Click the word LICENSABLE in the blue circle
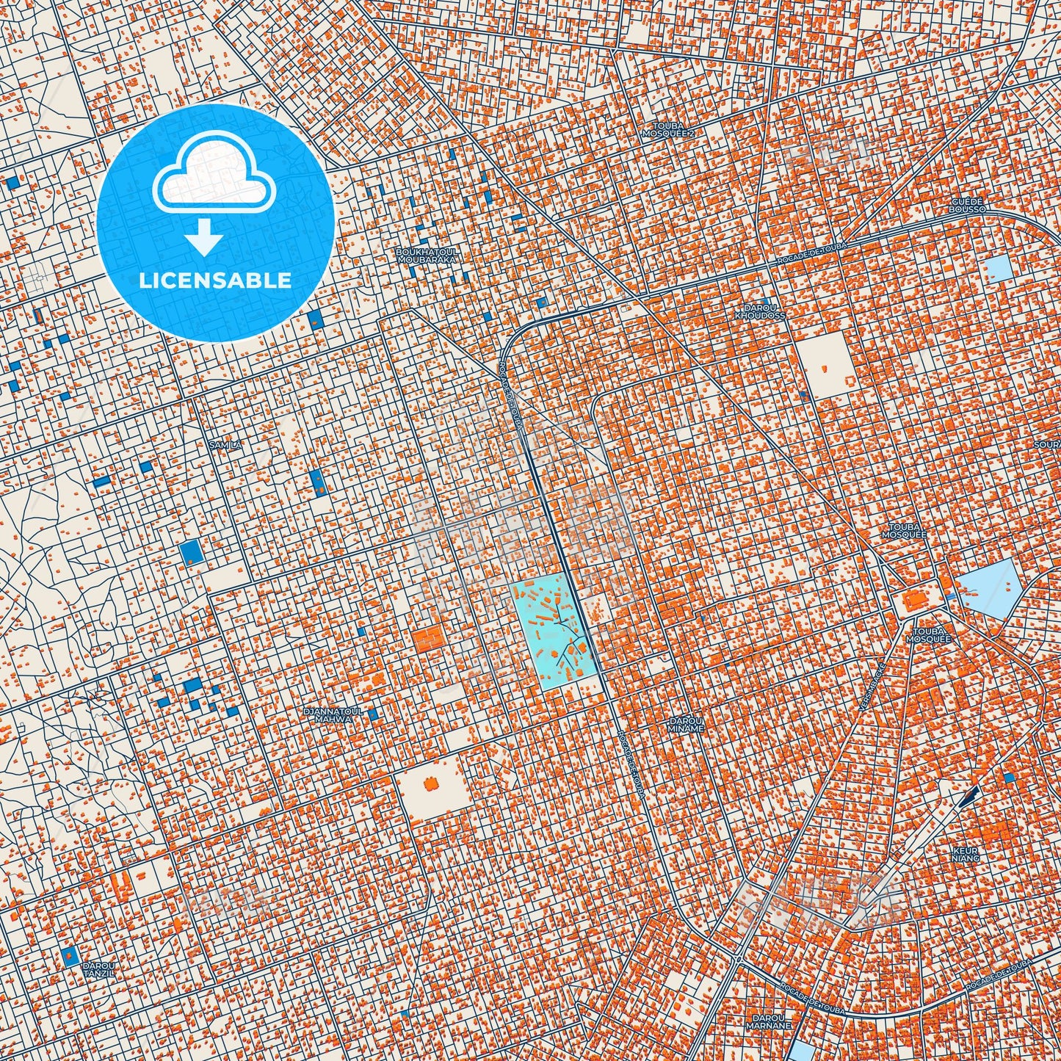coord(216,280)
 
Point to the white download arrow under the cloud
coord(205,239)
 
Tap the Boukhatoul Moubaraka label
coord(426,255)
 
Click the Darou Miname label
coord(687,724)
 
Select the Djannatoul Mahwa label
coord(328,715)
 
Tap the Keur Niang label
coord(966,853)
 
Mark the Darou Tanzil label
coord(98,968)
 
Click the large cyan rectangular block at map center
coord(551,632)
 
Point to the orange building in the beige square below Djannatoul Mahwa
coord(432,786)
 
